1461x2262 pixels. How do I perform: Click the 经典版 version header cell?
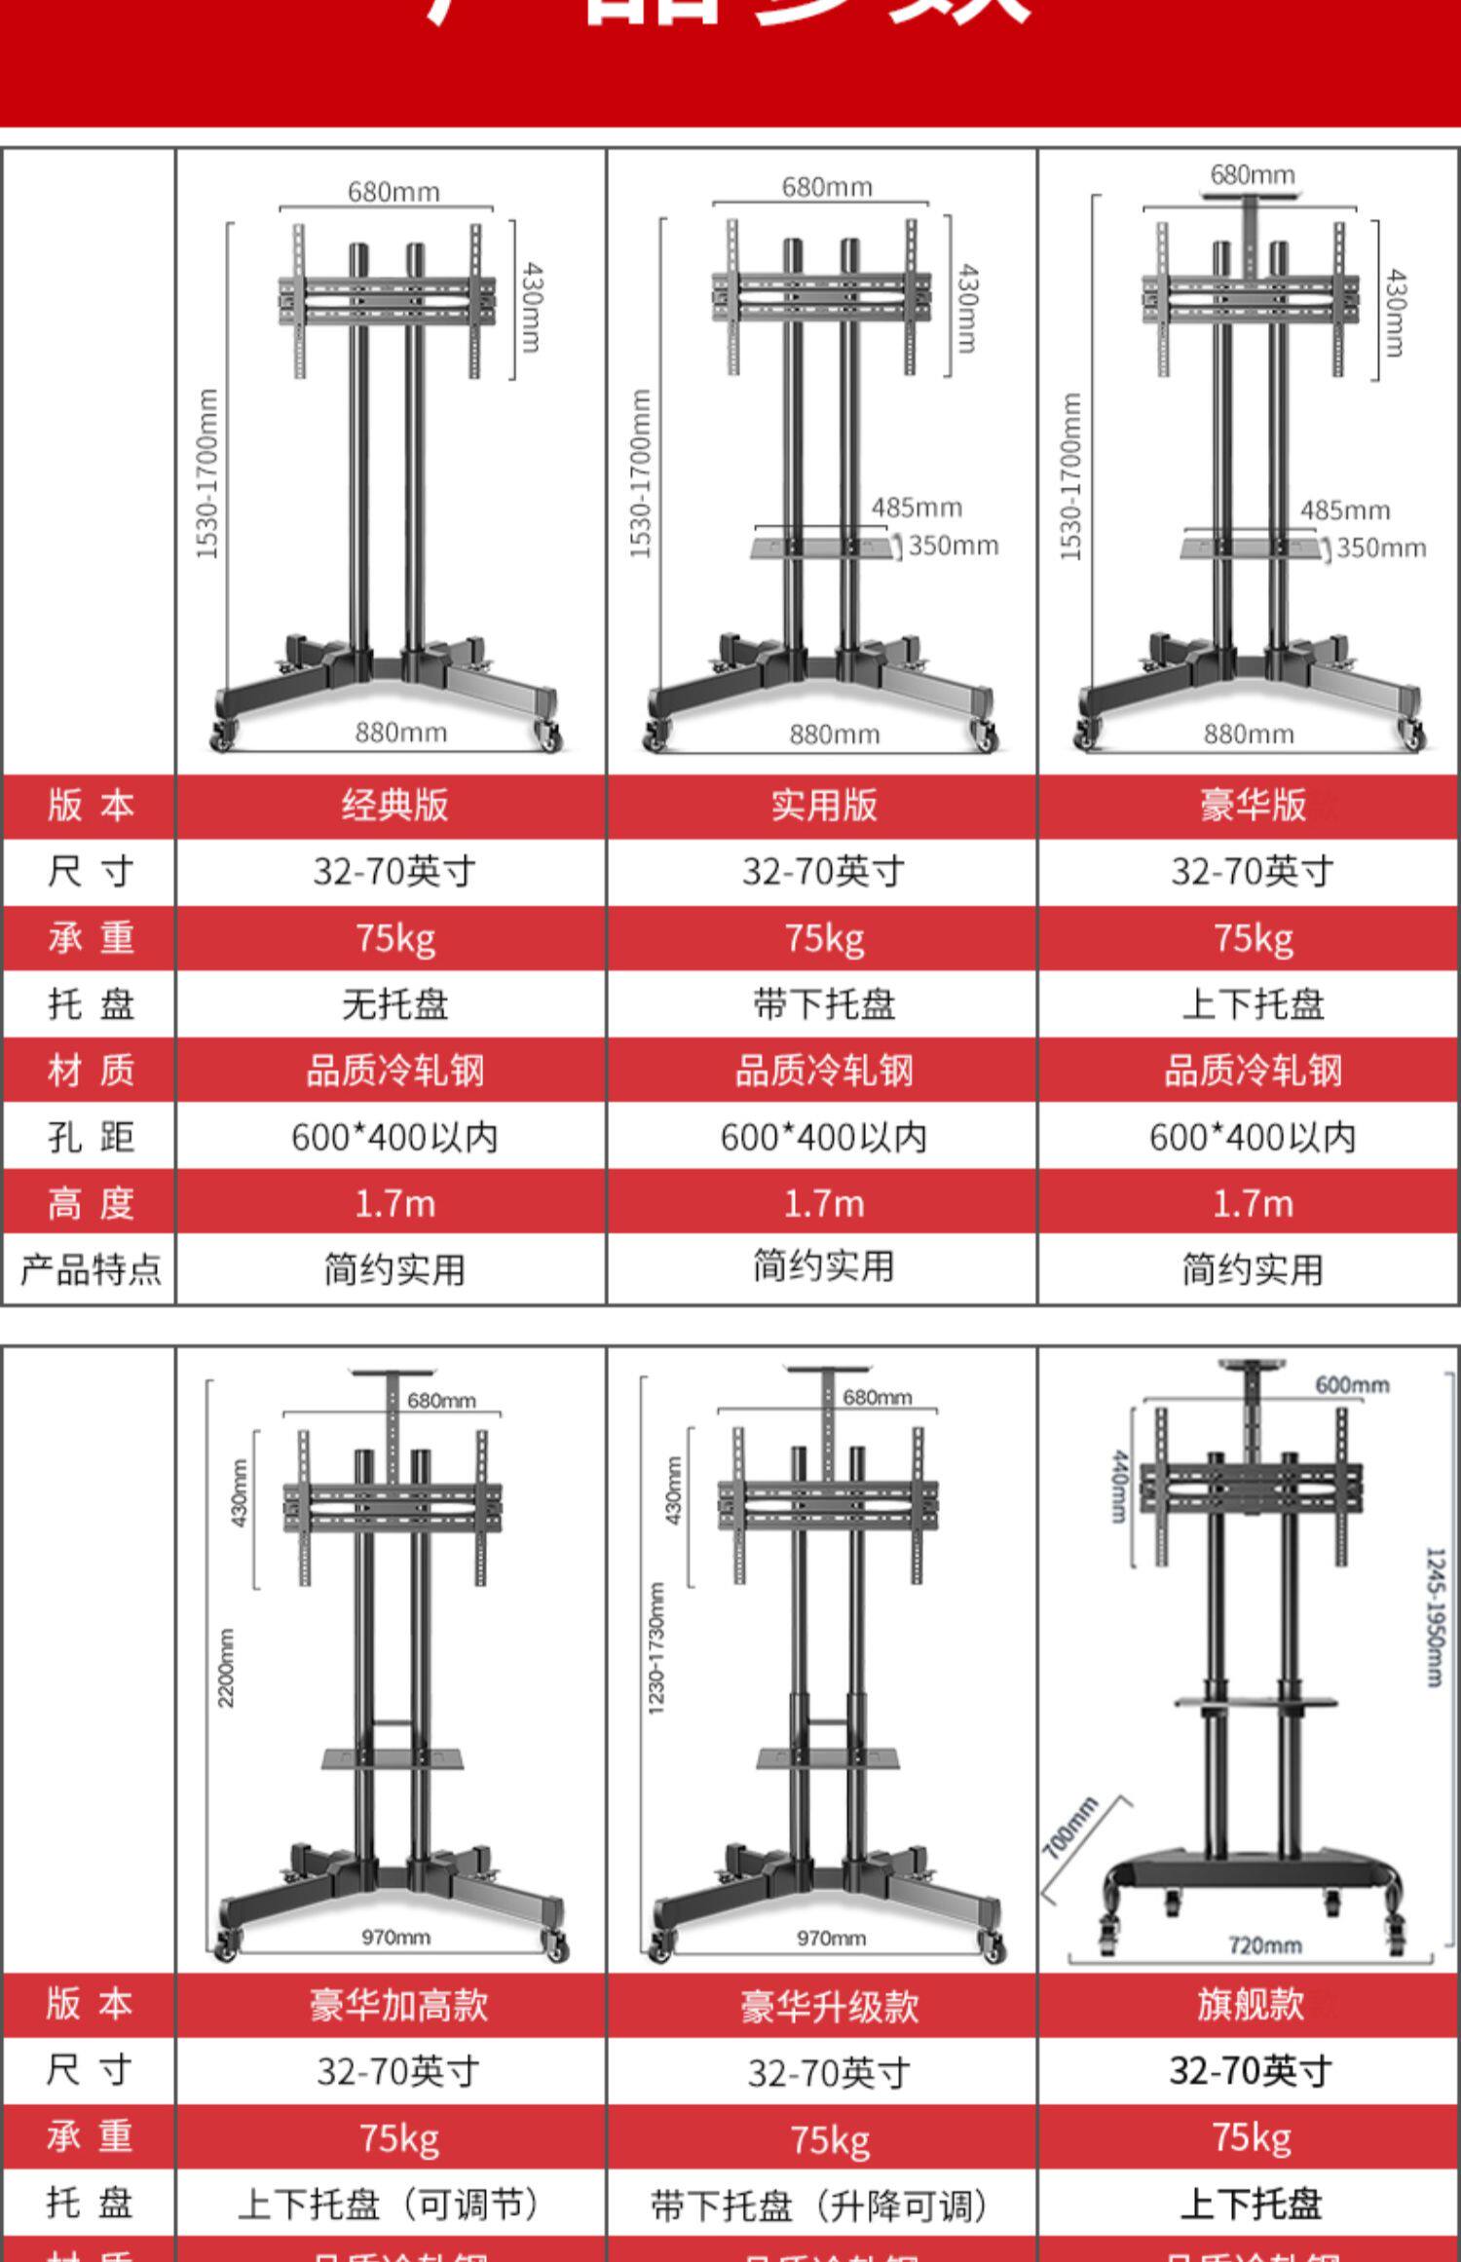pos(394,806)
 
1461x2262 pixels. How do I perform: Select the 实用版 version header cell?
pos(824,806)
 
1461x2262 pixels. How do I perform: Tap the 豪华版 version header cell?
pos(1253,806)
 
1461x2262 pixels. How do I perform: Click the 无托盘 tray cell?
pos(394,1004)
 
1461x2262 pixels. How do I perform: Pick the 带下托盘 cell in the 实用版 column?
pos(824,1004)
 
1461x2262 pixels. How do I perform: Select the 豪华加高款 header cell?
pos(398,2006)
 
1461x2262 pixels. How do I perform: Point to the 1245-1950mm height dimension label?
pos(1434,1617)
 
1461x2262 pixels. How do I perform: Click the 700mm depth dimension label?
pos(1069,1828)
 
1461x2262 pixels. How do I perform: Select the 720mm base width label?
pos(1264,1945)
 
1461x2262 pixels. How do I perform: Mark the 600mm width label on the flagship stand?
pos(1352,1385)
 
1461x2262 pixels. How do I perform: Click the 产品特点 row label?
pos(91,1269)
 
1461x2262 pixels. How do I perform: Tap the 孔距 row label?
pos(91,1137)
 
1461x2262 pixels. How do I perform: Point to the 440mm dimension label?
pos(1119,1486)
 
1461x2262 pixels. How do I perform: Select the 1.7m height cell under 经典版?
pos(394,1204)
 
